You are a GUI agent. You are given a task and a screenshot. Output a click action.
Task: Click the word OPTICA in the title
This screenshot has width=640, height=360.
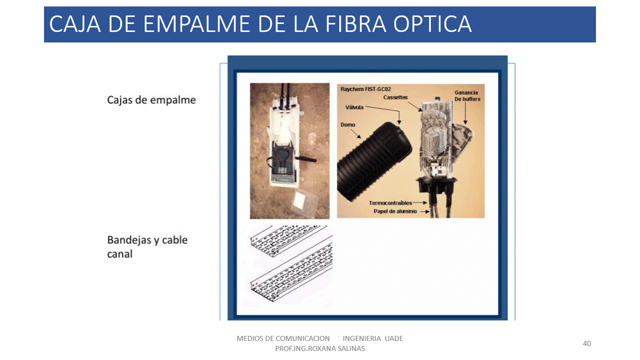coord(432,24)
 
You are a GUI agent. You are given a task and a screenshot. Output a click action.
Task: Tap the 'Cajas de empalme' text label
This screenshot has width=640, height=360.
coord(152,100)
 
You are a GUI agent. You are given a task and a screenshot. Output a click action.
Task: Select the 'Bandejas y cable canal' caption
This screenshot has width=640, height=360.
coord(148,247)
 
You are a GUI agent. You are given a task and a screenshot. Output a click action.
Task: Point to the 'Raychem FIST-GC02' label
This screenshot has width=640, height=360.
coord(365,89)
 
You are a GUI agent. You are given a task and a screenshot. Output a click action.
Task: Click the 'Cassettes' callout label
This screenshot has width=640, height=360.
coord(395,97)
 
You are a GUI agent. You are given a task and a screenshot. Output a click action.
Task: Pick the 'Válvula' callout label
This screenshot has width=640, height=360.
coord(354,107)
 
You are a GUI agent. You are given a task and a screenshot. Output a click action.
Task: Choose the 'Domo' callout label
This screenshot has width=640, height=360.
coord(348,125)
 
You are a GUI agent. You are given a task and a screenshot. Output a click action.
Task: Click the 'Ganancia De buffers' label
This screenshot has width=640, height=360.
coord(467,96)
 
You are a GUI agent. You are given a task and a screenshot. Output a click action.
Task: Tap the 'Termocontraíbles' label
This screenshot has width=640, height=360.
coord(390,203)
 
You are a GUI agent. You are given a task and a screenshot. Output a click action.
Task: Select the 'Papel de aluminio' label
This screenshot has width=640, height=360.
coord(395,211)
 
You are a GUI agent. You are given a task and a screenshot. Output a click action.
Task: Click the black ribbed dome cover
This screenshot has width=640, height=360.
coord(374,161)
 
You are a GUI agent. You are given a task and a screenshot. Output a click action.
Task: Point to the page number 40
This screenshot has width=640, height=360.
coord(587,343)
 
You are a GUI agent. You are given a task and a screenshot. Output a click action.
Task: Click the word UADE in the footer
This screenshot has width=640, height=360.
coord(394,338)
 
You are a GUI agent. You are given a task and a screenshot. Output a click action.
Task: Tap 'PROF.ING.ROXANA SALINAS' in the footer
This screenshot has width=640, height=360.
coord(320,348)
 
